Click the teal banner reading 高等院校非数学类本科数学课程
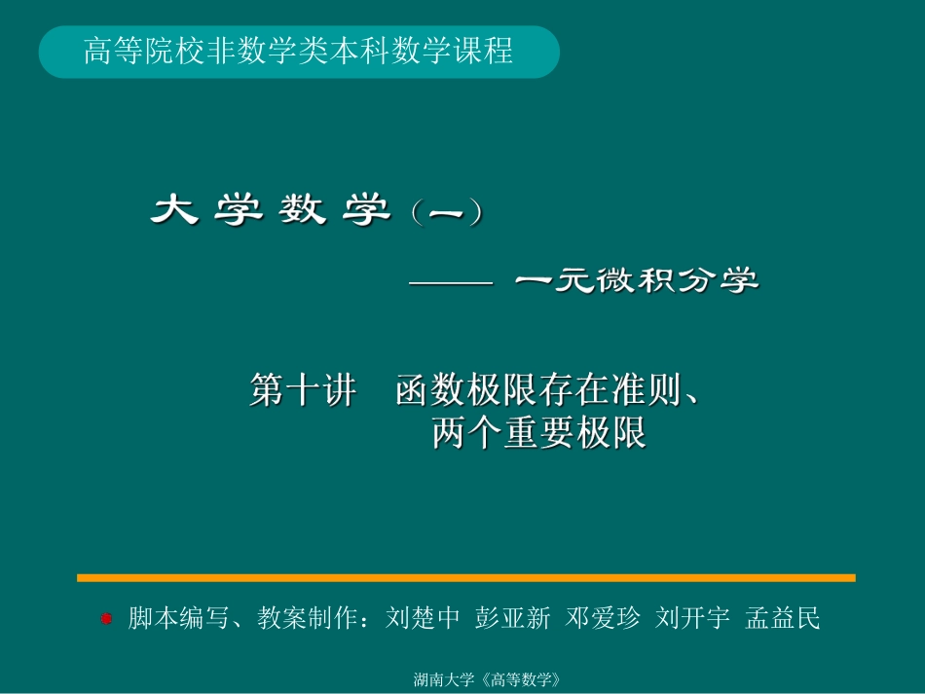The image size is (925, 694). click(299, 52)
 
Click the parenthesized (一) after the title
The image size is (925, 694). click(445, 213)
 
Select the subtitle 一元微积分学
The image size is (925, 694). click(637, 282)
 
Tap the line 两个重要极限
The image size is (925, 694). click(538, 433)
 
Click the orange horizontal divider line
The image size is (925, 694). click(465, 577)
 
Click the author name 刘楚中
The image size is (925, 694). click(422, 618)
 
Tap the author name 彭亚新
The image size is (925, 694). click(512, 618)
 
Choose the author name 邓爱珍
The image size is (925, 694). click(603, 618)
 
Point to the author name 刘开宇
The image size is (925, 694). click(692, 618)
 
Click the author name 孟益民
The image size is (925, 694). click(783, 618)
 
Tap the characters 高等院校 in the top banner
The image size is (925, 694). click(134, 52)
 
